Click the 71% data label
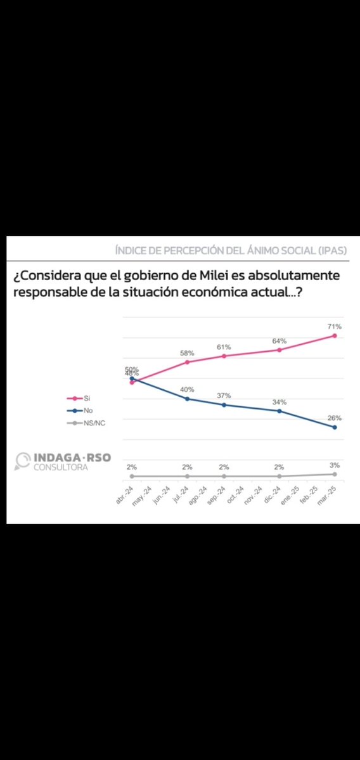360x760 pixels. point(335,326)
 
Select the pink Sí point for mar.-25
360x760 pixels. point(335,335)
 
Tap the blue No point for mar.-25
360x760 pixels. point(335,427)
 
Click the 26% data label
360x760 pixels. point(335,418)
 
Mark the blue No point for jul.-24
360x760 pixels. point(187,399)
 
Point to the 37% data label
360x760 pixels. point(224,395)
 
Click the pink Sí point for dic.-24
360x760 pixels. point(280,350)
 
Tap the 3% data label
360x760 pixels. point(335,465)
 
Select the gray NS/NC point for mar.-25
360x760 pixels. point(335,473)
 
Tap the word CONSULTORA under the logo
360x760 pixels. point(61,468)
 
